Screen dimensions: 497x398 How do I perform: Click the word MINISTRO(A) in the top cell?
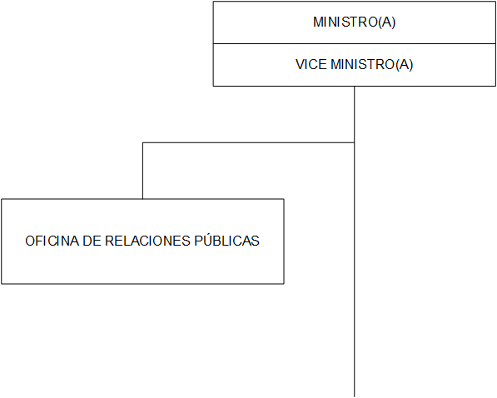pyautogui.click(x=355, y=22)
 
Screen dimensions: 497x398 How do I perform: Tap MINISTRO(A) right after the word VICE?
pyautogui.click(x=372, y=65)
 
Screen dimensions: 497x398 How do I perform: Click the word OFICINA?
pyautogui.click(x=52, y=241)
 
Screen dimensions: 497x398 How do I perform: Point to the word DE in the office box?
pyautogui.click(x=92, y=241)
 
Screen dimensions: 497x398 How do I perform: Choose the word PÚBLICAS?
pyautogui.click(x=227, y=241)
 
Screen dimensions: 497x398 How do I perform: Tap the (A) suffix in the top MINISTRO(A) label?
pyautogui.click(x=387, y=22)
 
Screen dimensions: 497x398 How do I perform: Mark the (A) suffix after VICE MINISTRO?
pyautogui.click(x=405, y=65)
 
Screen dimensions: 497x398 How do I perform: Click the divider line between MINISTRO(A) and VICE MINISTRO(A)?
pyautogui.click(x=355, y=44)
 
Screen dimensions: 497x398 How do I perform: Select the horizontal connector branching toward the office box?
pyautogui.click(x=248, y=142)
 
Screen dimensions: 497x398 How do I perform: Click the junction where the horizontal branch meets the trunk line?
pyautogui.click(x=355, y=142)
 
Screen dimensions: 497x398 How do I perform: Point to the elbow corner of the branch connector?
pyautogui.click(x=142, y=142)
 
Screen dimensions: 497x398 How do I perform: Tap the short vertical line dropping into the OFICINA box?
pyautogui.click(x=142, y=171)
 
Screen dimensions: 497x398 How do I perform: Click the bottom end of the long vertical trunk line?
pyautogui.click(x=355, y=396)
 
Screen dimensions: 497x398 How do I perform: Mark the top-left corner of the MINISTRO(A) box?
pyautogui.click(x=213, y=2)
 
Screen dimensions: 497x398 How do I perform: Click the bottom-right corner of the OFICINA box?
pyautogui.click(x=284, y=284)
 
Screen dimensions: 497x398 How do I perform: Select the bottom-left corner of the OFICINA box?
pyautogui.click(x=2, y=284)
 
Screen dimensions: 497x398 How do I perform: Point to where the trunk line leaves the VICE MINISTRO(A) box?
pyautogui.click(x=355, y=86)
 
